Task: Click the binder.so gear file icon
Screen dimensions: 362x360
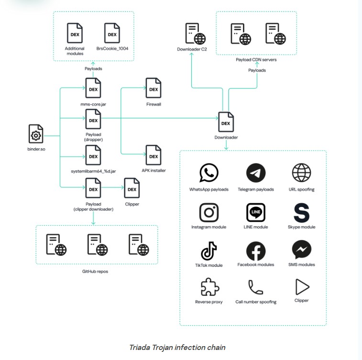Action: click(36, 134)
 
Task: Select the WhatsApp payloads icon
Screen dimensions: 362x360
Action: click(208, 173)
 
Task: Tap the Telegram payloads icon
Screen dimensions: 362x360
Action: click(256, 173)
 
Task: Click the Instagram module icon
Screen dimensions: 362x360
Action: click(208, 212)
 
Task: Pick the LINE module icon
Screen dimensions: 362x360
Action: click(256, 212)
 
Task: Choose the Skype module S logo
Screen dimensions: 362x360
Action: click(302, 212)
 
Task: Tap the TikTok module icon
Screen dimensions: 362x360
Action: click(208, 251)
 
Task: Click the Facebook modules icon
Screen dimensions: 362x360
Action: click(256, 251)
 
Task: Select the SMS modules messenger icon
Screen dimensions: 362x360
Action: click(302, 250)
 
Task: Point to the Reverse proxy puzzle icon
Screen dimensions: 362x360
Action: click(209, 287)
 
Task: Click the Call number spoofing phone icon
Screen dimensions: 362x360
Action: click(255, 287)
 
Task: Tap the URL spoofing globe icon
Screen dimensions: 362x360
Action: click(302, 173)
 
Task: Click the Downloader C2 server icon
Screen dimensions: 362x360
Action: click(195, 33)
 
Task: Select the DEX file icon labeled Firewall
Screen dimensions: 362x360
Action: click(154, 88)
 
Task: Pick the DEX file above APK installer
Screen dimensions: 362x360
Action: click(154, 155)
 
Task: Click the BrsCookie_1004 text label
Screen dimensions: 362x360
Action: click(112, 48)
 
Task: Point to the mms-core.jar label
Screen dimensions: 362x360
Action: click(93, 104)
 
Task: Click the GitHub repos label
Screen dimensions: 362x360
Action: click(95, 272)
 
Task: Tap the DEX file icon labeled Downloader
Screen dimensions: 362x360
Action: click(226, 122)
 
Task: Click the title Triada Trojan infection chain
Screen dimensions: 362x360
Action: click(177, 347)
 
